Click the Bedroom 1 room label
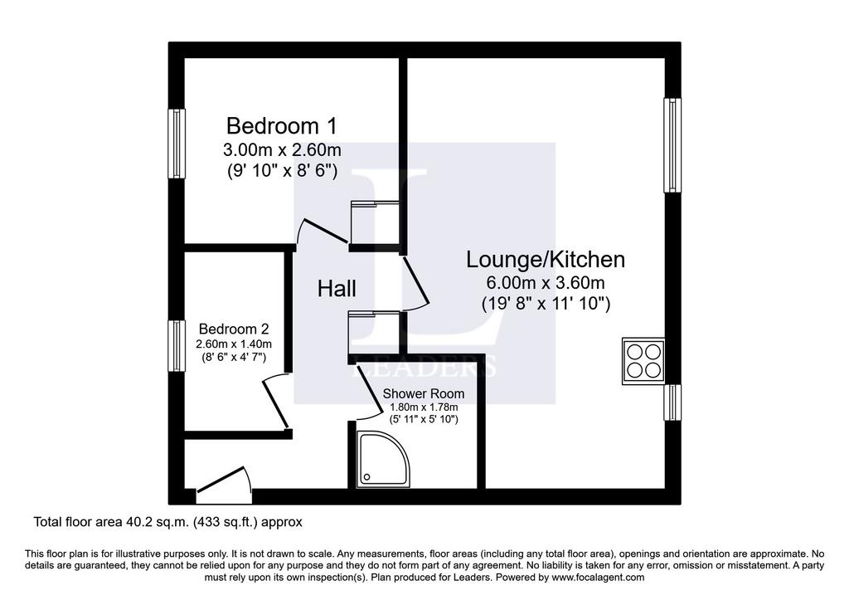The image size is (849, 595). (x=282, y=125)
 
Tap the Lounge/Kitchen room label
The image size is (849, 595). (x=546, y=260)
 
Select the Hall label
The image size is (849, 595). (x=337, y=288)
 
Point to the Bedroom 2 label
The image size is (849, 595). (x=234, y=329)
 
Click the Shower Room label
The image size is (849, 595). (x=424, y=394)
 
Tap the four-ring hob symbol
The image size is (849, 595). (x=643, y=361)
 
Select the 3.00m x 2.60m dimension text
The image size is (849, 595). (x=282, y=149)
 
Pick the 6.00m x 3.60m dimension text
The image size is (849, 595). (x=546, y=282)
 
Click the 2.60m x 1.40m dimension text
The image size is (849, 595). (x=234, y=344)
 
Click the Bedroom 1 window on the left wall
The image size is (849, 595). (x=177, y=144)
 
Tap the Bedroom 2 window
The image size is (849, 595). (x=177, y=346)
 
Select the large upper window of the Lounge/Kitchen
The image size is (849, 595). (x=672, y=144)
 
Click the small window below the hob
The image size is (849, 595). (x=672, y=402)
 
